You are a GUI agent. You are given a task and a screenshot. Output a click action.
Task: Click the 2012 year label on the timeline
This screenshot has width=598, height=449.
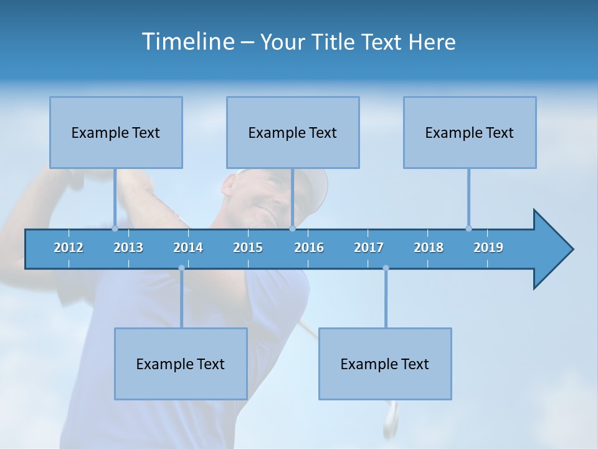point(69,248)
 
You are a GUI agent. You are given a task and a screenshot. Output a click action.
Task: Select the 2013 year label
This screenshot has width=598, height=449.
point(128,248)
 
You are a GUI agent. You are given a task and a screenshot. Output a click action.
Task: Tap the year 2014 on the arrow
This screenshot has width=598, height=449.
point(188,248)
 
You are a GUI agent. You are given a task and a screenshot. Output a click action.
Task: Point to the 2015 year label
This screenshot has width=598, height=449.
point(248,248)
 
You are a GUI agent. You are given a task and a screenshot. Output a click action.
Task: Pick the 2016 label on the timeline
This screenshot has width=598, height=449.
point(309,248)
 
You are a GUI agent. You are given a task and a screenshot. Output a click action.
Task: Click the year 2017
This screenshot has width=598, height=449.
point(369,248)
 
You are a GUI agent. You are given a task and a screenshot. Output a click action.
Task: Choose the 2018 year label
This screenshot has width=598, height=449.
point(429,248)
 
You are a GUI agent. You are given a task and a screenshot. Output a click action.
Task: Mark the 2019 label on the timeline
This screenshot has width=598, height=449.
point(488,248)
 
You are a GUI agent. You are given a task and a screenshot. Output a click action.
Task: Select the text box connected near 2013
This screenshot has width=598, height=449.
point(116,132)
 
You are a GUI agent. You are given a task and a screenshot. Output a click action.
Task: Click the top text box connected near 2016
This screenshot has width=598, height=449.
point(293,132)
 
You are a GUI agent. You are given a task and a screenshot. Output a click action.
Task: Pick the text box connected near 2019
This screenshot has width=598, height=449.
point(470,132)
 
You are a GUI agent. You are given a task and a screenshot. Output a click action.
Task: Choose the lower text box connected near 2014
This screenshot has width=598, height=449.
point(181,364)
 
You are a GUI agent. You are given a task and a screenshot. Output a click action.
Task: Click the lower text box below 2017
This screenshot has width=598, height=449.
point(385,364)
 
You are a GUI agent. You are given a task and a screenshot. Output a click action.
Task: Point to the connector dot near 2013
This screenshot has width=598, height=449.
point(115,228)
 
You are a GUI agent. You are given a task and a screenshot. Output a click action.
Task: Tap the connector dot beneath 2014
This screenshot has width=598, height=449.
point(181,268)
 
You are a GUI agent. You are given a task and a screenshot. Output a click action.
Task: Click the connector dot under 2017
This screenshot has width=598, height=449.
point(386,268)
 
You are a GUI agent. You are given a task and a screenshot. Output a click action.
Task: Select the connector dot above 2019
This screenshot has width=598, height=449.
point(468,228)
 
